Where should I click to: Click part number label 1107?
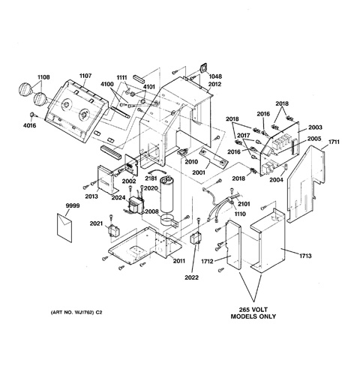point(85,76)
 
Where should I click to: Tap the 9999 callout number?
point(73,205)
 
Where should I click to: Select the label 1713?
point(305,256)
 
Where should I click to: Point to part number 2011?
point(179,261)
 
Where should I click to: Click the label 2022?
point(192,277)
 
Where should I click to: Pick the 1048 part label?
point(215,76)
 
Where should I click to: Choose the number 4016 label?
point(29,125)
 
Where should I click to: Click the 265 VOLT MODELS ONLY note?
point(253,313)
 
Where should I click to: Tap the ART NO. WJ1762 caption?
point(76,313)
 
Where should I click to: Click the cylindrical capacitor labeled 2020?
point(167,194)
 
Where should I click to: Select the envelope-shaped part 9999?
point(64,228)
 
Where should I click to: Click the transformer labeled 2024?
point(136,205)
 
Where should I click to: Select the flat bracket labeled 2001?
point(214,157)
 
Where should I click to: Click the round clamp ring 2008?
point(169,220)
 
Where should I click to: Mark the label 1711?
point(334,142)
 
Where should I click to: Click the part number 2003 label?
point(315,127)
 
